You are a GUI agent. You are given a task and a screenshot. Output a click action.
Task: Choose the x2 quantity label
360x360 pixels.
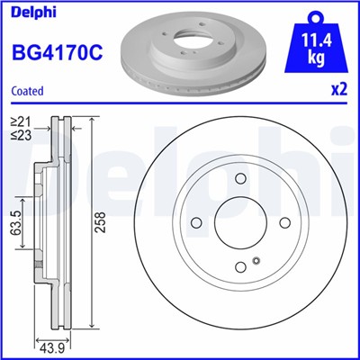338,91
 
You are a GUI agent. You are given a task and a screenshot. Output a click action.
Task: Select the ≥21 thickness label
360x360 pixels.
20,121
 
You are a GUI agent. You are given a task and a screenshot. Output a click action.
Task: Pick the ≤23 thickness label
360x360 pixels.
20,135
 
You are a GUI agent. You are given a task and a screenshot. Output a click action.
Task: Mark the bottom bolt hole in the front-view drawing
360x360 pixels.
239,267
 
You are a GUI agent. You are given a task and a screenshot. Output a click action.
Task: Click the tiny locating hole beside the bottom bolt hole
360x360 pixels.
256,261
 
